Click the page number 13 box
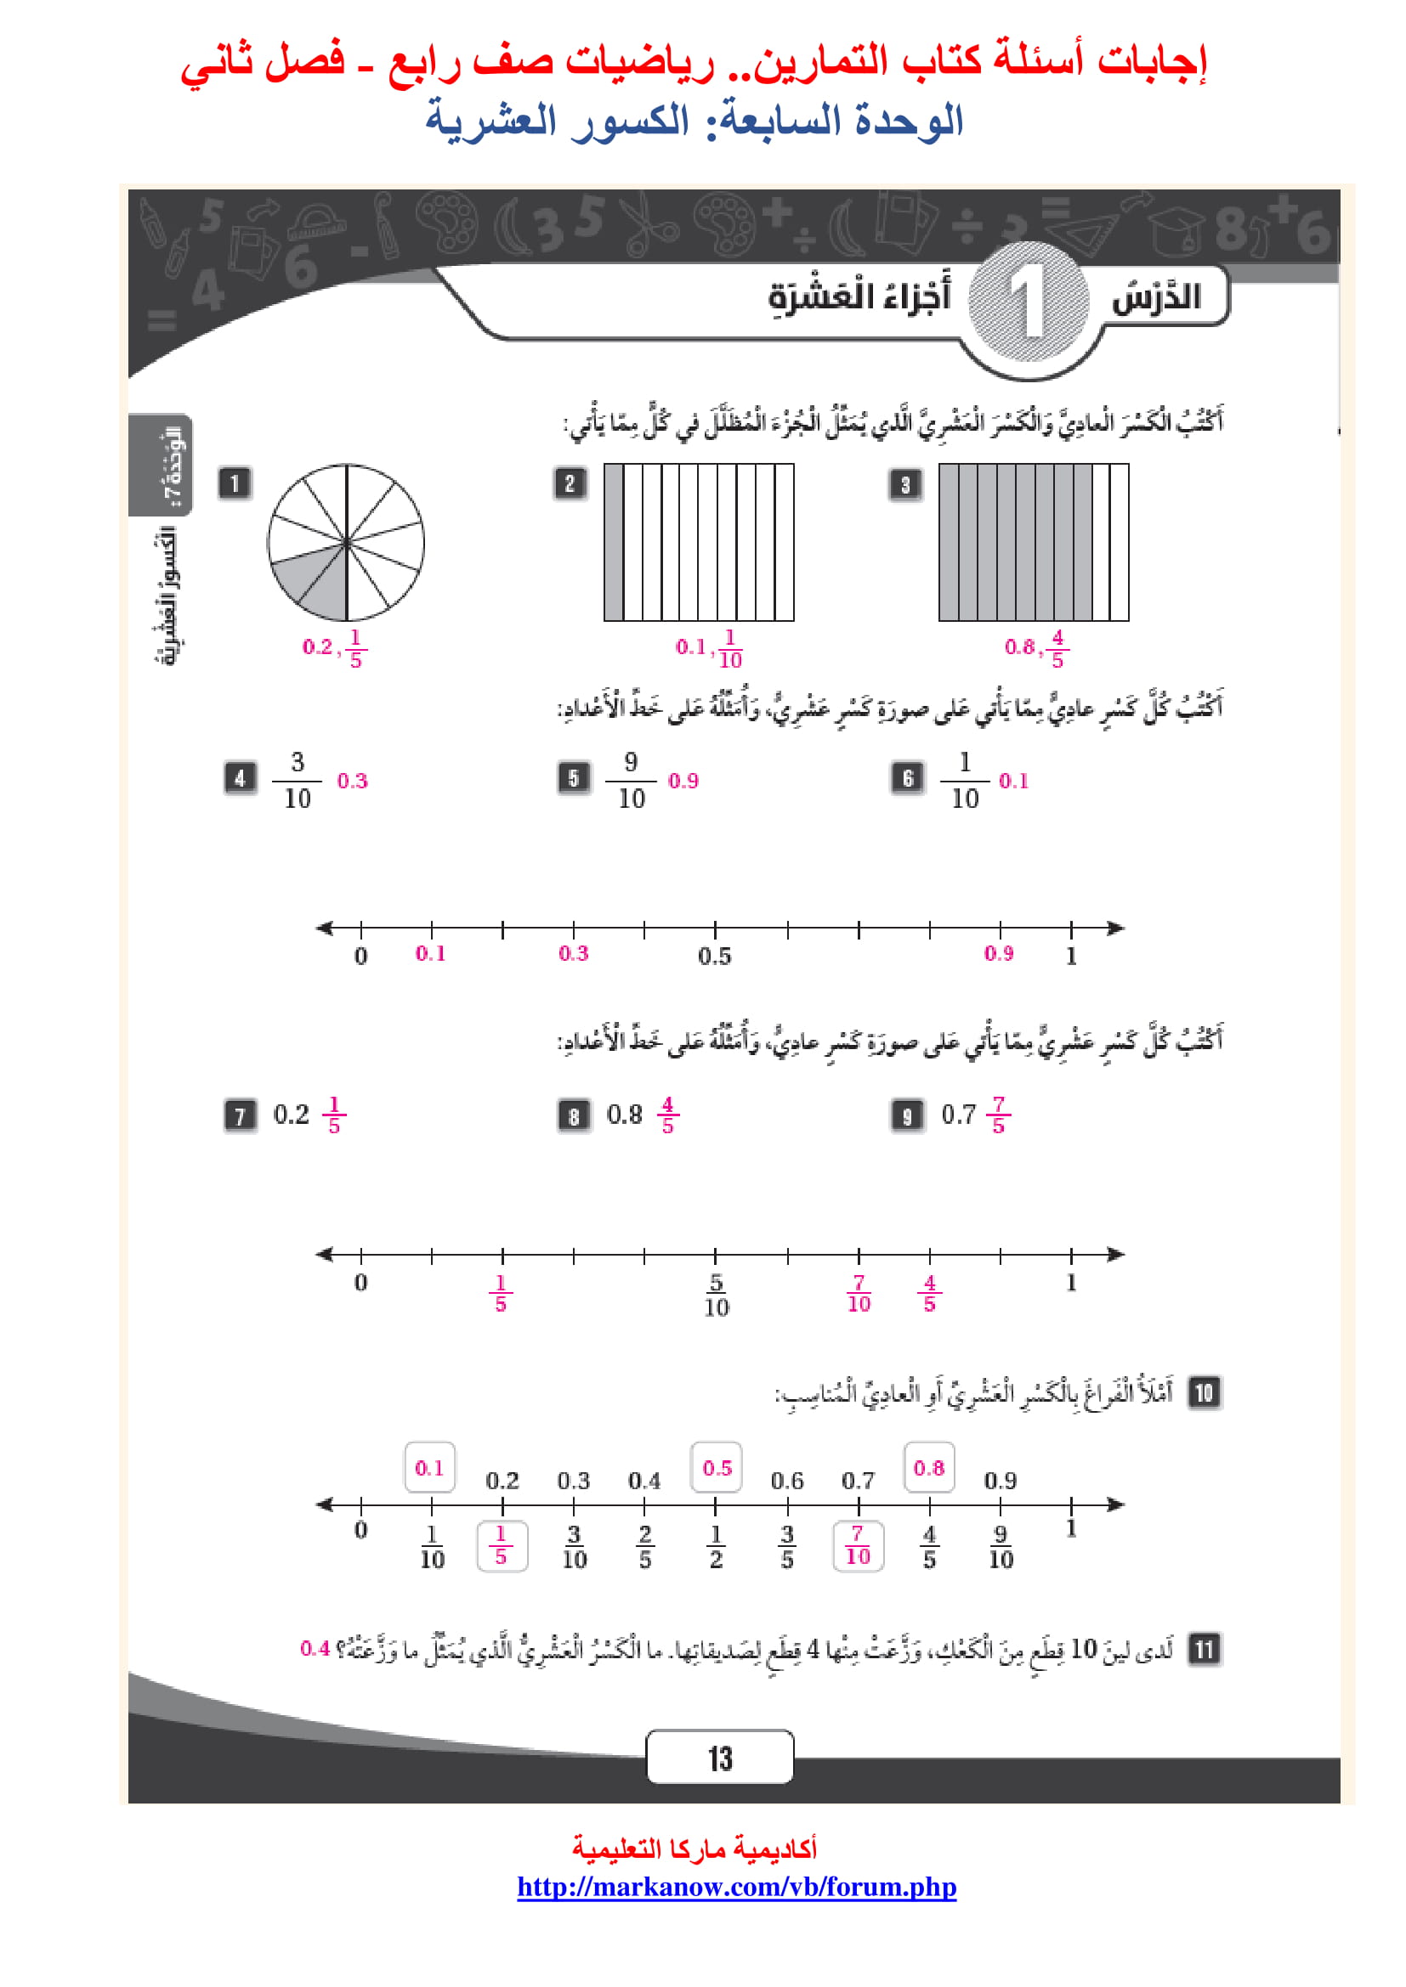pyautogui.click(x=719, y=1757)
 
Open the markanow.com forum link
pyautogui.click(x=736, y=1887)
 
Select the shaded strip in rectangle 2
pyautogui.click(x=614, y=542)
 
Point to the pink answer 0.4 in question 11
pyautogui.click(x=315, y=1648)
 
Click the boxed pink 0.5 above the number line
pyautogui.click(x=716, y=1468)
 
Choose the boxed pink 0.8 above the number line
pyautogui.click(x=929, y=1468)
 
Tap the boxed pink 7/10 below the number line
pyautogui.click(x=857, y=1545)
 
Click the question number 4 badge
pyautogui.click(x=240, y=778)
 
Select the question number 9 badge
pyautogui.click(x=906, y=1115)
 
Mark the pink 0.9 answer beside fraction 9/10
pyautogui.click(x=683, y=781)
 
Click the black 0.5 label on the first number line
pyautogui.click(x=714, y=957)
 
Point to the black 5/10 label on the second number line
pyautogui.click(x=716, y=1295)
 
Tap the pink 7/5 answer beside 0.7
pyautogui.click(x=998, y=1115)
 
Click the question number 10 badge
pyautogui.click(x=1204, y=1392)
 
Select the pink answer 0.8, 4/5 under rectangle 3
pyautogui.click(x=1036, y=647)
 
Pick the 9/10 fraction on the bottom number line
pyautogui.click(x=1001, y=1546)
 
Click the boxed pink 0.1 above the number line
pyautogui.click(x=429, y=1468)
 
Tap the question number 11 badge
pyautogui.click(x=1204, y=1650)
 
